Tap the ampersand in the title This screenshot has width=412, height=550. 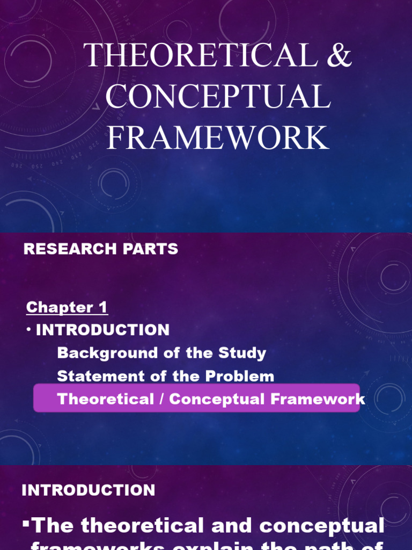pos(337,55)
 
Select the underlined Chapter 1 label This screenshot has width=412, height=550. pos(67,307)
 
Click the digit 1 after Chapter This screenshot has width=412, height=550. pos(102,307)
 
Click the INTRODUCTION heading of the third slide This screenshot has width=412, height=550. pos(89,490)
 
